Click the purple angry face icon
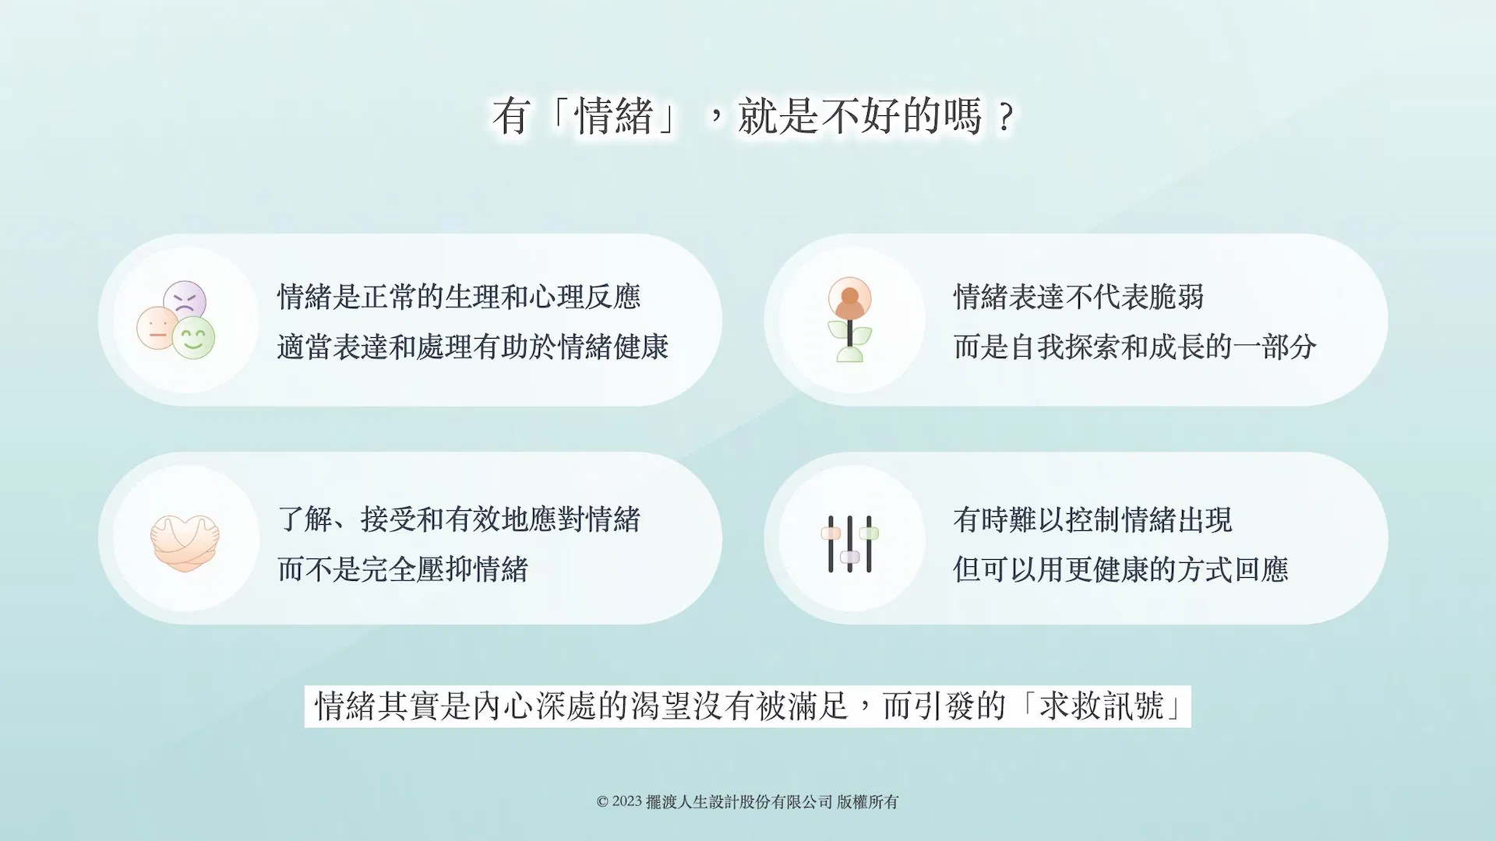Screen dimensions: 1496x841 (185, 299)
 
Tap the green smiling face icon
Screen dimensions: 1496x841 (193, 338)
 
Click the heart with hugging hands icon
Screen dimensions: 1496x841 (185, 543)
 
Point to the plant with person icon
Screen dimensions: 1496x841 (849, 320)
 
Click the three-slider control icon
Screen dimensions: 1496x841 (849, 544)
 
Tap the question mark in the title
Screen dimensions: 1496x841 (1006, 118)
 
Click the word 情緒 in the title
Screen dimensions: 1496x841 (614, 116)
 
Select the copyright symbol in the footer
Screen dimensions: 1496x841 (602, 802)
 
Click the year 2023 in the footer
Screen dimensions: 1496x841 (627, 801)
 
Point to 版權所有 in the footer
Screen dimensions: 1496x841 (867, 801)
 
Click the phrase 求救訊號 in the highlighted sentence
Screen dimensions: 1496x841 (1102, 706)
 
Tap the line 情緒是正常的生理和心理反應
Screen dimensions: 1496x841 (459, 297)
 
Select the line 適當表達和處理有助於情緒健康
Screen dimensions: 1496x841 (473, 347)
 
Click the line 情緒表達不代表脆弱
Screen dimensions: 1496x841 (1078, 297)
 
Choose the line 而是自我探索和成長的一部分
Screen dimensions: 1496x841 (1135, 347)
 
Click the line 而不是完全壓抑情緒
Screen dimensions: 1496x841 (403, 569)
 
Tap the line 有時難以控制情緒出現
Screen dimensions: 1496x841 (1092, 519)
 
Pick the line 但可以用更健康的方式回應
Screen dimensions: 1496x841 (1120, 569)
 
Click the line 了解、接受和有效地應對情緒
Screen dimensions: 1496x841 (459, 519)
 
